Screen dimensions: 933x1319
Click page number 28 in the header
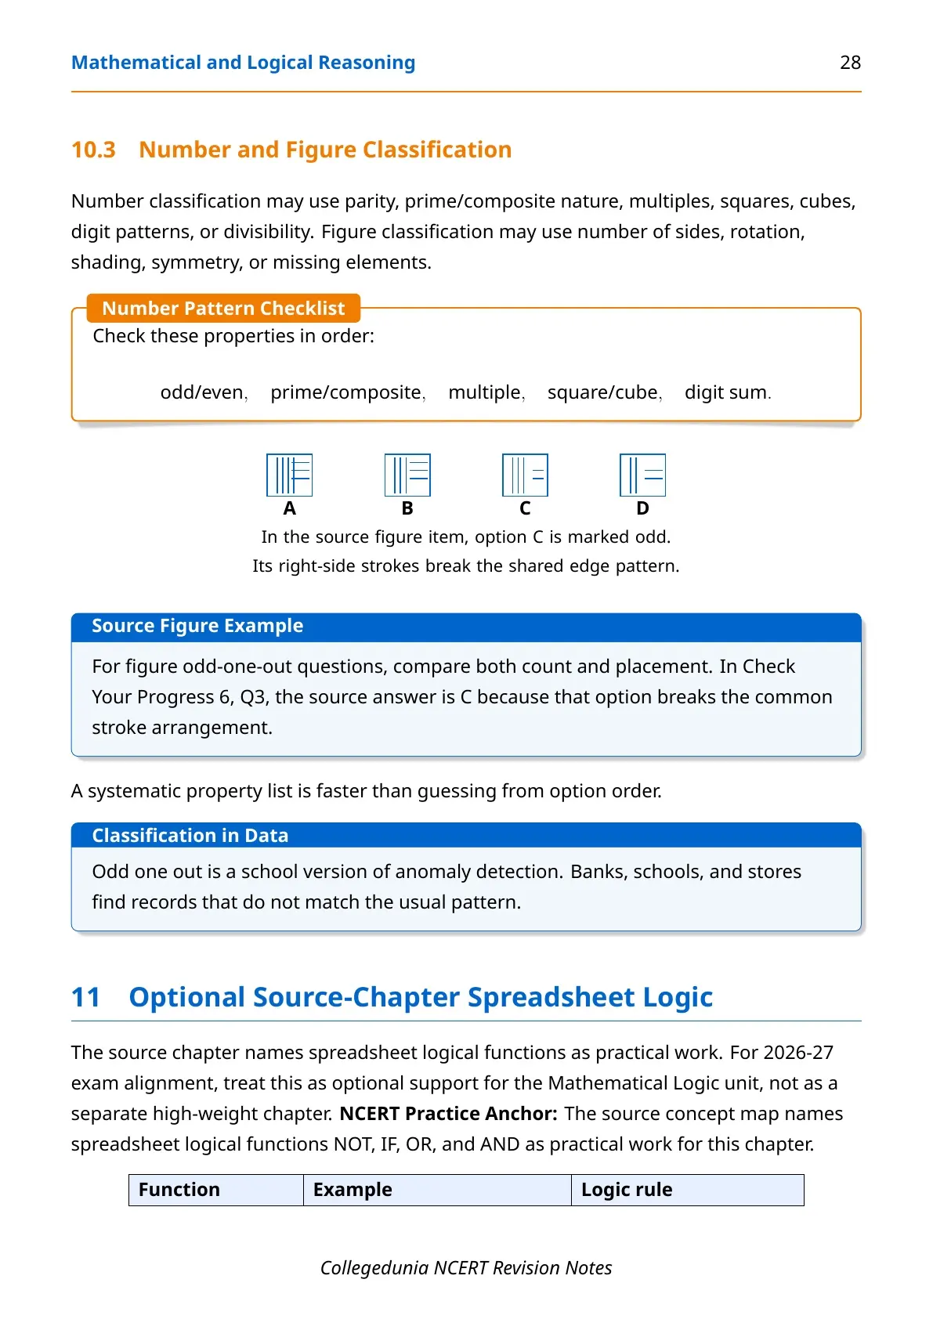coord(850,63)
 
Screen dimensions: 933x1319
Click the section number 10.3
coord(93,150)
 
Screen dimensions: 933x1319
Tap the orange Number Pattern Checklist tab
coord(223,308)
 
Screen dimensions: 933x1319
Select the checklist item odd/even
coord(202,392)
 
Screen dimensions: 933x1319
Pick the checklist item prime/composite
coord(345,392)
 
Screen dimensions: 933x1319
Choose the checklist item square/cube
coord(602,392)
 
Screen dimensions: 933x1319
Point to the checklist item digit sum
coord(725,392)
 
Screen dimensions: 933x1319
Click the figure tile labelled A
coord(289,475)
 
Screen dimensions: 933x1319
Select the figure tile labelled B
coord(407,475)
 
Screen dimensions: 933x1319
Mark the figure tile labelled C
coord(525,475)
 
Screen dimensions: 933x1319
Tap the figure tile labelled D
coord(642,475)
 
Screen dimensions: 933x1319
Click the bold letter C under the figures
coord(525,508)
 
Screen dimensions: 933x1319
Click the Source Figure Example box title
coord(197,625)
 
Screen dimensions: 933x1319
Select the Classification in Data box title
coord(190,835)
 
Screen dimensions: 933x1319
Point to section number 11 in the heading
coord(85,997)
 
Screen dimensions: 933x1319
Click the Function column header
coord(179,1190)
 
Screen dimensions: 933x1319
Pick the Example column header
coord(353,1190)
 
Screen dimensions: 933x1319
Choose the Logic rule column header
coord(627,1190)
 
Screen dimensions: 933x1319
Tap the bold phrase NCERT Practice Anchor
coord(448,1114)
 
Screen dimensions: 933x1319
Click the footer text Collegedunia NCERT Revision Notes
coord(466,1268)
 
